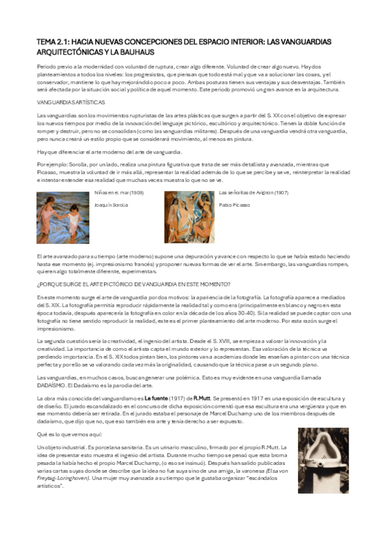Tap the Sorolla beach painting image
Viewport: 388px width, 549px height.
click(63, 216)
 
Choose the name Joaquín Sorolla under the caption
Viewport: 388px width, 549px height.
click(111, 205)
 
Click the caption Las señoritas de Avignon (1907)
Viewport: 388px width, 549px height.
click(253, 193)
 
